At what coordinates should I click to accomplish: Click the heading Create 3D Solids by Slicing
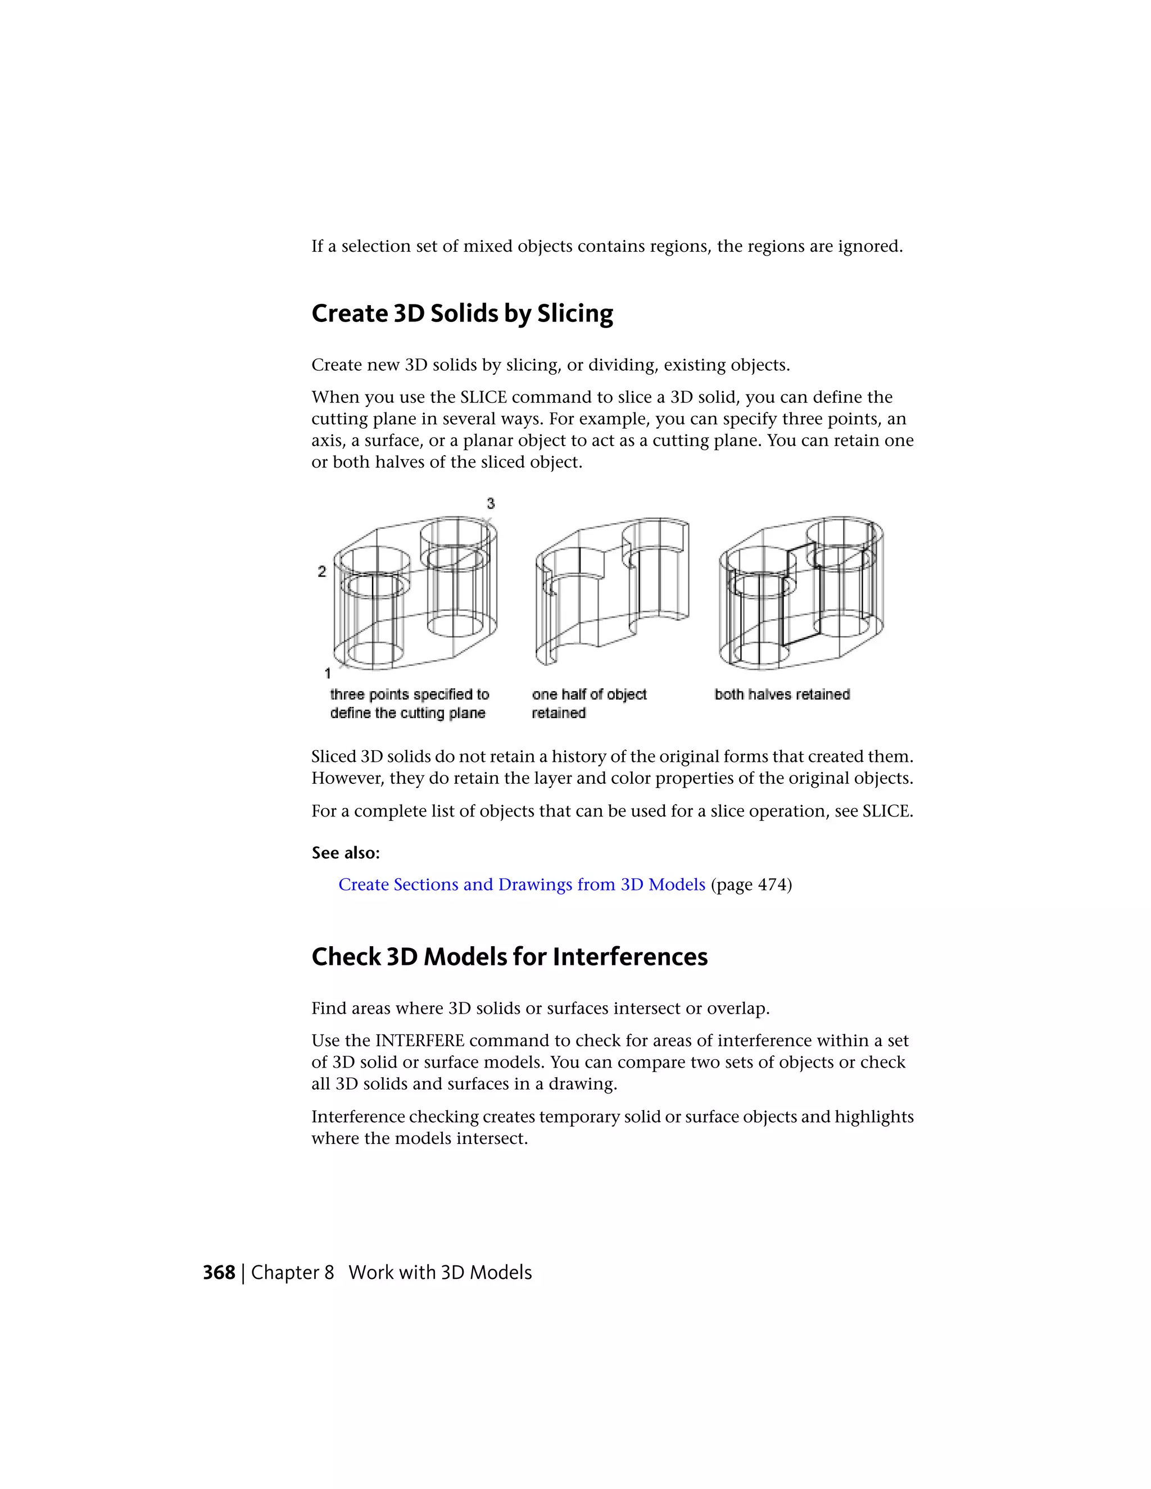pos(461,314)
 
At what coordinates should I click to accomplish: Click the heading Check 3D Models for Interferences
pos(509,956)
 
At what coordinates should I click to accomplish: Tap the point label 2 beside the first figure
pos(322,571)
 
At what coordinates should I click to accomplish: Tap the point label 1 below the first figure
pos(327,674)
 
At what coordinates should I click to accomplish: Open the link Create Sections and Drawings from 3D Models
pos(521,884)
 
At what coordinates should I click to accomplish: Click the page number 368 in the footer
pos(218,1273)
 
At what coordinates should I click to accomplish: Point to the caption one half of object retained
pos(588,703)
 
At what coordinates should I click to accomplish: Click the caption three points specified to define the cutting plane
pos(409,703)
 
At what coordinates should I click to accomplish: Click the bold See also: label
pos(345,853)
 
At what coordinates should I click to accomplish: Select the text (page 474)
pos(751,884)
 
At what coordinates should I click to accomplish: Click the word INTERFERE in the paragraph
pos(419,1041)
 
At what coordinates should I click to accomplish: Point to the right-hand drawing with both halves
pos(801,592)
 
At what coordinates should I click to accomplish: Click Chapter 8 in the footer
pos(292,1273)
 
